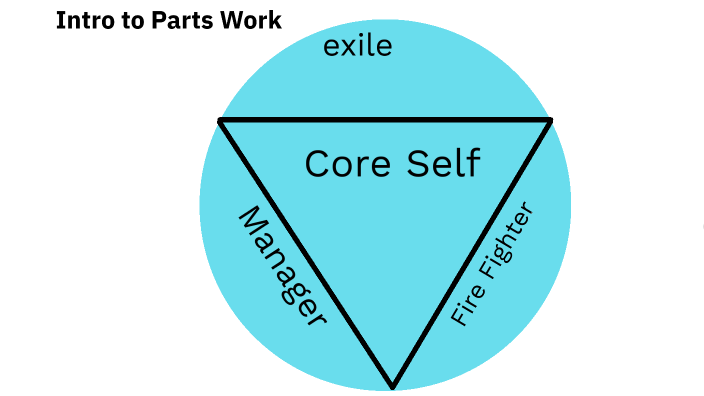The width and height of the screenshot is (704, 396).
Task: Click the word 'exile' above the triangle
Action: [x=357, y=46]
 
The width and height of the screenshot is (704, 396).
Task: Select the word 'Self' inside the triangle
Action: [x=439, y=162]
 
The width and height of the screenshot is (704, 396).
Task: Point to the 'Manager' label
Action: [x=282, y=267]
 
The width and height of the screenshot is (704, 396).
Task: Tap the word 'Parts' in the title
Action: [x=178, y=20]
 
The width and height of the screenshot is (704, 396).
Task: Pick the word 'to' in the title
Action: [x=129, y=20]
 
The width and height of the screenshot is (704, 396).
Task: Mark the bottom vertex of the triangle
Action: [x=393, y=386]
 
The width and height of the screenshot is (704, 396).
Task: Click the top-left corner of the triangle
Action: [x=220, y=120]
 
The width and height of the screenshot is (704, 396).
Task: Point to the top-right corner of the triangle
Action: [x=550, y=121]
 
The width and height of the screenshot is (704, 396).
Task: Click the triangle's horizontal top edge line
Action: [x=385, y=120]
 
